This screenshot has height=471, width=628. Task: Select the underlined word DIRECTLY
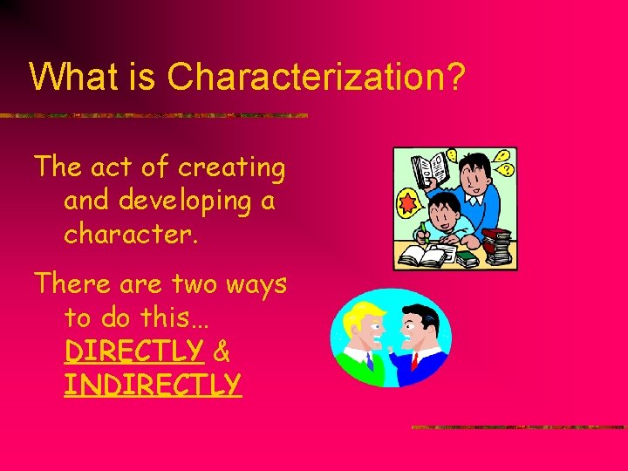point(133,351)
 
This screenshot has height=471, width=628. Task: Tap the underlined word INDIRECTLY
point(152,384)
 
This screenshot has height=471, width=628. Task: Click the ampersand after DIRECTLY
point(222,351)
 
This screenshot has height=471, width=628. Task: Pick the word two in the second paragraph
point(205,284)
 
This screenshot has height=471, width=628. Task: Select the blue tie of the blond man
point(368,359)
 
